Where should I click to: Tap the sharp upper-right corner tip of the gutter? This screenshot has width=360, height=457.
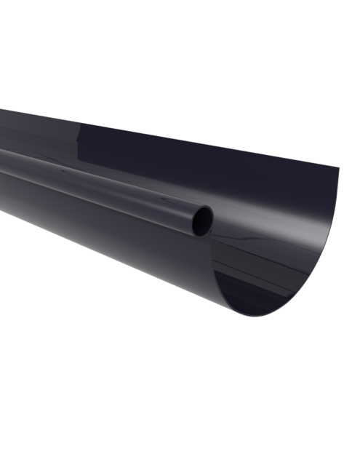(x=338, y=169)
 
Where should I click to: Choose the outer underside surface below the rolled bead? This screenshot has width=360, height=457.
(x=109, y=233)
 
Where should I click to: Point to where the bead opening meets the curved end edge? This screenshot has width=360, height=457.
(x=212, y=231)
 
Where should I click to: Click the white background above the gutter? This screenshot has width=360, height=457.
(x=182, y=58)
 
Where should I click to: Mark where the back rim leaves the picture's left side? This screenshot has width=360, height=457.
(x=1, y=110)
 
